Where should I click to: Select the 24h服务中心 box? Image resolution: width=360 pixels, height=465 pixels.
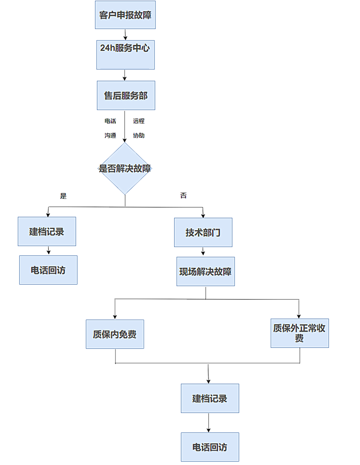[x=125, y=55]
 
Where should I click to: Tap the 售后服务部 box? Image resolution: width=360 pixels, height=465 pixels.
[x=125, y=96]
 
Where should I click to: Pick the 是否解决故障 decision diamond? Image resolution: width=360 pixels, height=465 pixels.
[x=125, y=168]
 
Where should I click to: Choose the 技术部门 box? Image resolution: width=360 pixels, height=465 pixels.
[x=203, y=232]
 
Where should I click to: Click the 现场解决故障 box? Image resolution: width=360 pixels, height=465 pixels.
[x=206, y=272]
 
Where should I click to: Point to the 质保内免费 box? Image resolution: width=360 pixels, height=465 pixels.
[x=115, y=334]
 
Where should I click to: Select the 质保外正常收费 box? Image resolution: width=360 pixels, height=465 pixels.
[x=299, y=333]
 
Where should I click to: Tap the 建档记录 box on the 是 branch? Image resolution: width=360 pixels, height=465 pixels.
[x=47, y=232]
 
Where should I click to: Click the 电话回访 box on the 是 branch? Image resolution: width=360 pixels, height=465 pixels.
[x=48, y=270]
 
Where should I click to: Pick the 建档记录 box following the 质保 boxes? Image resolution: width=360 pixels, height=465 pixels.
[x=210, y=398]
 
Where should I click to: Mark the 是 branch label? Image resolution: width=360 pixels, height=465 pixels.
[x=63, y=196]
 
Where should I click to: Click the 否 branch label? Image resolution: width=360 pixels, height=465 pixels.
[x=183, y=195]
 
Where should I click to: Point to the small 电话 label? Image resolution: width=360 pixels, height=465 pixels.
[x=110, y=121]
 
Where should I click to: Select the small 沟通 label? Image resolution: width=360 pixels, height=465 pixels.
[x=110, y=136]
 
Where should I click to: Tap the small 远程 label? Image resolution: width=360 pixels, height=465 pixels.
[x=139, y=121]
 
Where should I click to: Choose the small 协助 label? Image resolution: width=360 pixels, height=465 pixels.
[x=139, y=136]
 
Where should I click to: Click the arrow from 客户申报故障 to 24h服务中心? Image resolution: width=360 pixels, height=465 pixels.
[x=125, y=35]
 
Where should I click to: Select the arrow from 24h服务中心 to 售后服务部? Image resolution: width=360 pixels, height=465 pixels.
[x=125, y=75]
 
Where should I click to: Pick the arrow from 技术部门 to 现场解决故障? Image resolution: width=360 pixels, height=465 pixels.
[x=203, y=252]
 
